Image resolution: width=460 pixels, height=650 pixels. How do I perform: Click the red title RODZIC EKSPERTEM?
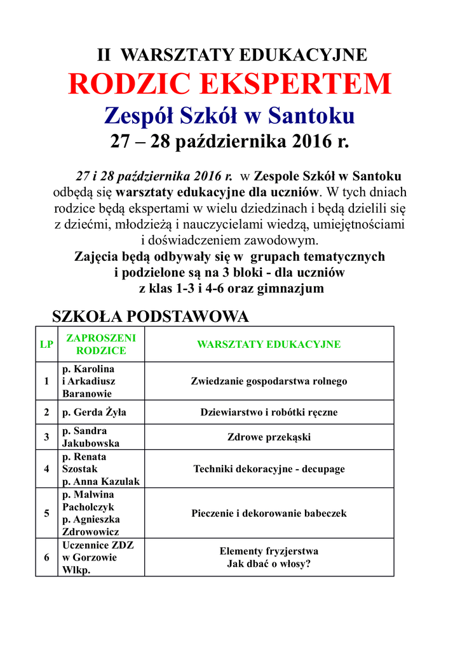point(230,84)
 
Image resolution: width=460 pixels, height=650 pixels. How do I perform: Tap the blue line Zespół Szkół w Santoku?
point(230,116)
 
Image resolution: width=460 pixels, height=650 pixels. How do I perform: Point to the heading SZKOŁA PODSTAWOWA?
point(149,316)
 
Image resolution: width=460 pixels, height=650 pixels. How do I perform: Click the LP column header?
point(46,345)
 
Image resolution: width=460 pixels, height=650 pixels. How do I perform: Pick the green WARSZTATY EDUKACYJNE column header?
point(269,345)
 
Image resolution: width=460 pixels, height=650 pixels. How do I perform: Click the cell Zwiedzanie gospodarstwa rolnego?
point(269,381)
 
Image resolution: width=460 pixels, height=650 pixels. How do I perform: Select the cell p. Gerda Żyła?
point(94,412)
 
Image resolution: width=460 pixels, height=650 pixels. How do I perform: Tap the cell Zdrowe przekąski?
point(269,437)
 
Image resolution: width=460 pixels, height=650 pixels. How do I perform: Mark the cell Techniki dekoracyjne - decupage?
point(269,469)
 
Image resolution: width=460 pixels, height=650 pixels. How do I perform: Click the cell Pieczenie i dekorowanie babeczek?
point(269,514)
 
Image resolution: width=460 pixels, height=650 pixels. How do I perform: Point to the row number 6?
point(46,557)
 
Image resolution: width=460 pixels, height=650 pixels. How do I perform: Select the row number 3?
point(46,437)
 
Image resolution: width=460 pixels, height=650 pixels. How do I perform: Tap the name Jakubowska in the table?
point(91,444)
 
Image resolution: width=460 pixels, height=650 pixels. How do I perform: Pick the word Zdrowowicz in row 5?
point(91,532)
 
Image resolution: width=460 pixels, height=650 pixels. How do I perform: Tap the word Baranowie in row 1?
point(87,394)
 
